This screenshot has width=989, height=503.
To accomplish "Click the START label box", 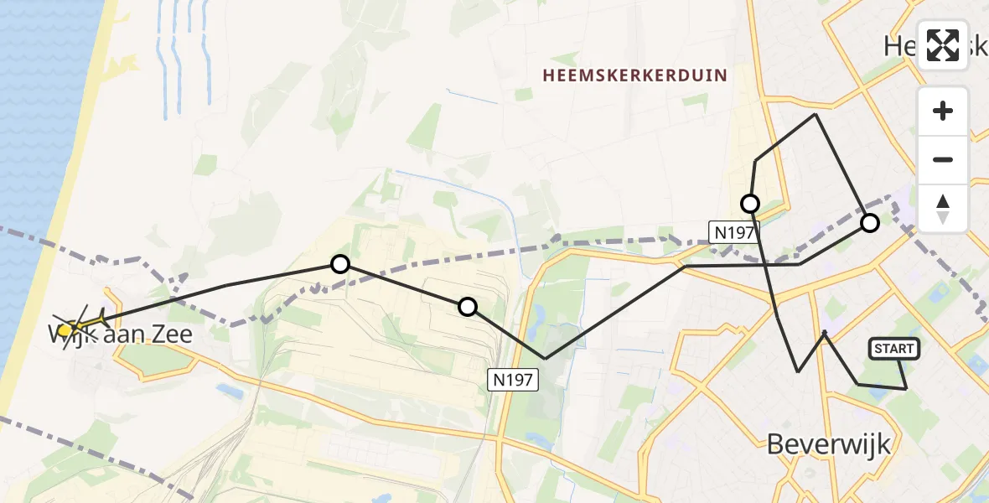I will pyautogui.click(x=895, y=349).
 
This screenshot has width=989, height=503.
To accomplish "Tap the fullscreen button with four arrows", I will pyautogui.click(x=943, y=45).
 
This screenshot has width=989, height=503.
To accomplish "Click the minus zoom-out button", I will pyautogui.click(x=943, y=159).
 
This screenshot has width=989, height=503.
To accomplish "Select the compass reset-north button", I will pyautogui.click(x=943, y=207).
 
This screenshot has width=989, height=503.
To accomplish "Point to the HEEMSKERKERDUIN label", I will pyautogui.click(x=634, y=75).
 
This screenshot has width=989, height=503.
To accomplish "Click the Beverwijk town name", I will pyautogui.click(x=829, y=444).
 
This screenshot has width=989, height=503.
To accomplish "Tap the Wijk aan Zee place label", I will pyautogui.click(x=122, y=335).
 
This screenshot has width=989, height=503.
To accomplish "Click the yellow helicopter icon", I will pyautogui.click(x=80, y=324).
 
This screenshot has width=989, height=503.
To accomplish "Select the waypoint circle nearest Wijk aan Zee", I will pyautogui.click(x=339, y=264).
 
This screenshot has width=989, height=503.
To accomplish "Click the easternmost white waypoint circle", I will pyautogui.click(x=870, y=222).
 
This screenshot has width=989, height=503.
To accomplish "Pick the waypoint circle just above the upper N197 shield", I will pyautogui.click(x=750, y=203).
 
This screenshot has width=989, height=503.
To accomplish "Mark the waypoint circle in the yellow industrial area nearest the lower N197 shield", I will pyautogui.click(x=468, y=307).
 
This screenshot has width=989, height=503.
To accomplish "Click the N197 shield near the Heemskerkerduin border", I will pyautogui.click(x=735, y=232).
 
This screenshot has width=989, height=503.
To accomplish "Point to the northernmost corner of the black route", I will pyautogui.click(x=816, y=114).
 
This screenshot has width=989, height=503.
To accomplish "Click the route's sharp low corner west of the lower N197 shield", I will pyautogui.click(x=546, y=359).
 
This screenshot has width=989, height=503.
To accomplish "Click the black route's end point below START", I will pyautogui.click(x=906, y=389).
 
